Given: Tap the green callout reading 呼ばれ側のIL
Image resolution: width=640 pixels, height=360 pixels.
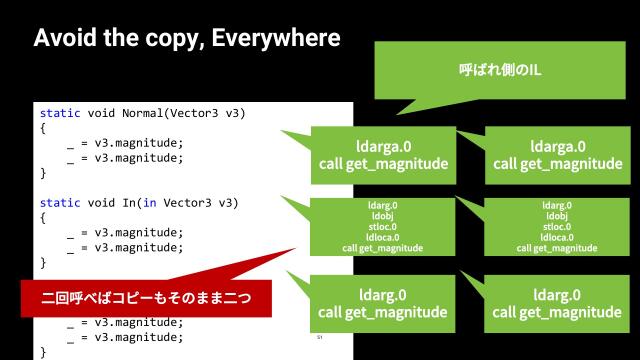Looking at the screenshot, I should [x=491, y=72].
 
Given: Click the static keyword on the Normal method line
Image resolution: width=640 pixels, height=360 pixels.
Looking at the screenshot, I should [x=59, y=113].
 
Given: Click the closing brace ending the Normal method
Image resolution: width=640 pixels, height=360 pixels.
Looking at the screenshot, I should [x=43, y=173].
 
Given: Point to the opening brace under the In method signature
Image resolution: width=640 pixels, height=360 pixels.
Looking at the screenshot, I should [x=43, y=218].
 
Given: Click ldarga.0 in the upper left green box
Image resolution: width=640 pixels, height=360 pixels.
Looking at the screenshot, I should [x=383, y=145].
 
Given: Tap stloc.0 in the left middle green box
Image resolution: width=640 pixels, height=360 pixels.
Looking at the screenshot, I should [x=383, y=226].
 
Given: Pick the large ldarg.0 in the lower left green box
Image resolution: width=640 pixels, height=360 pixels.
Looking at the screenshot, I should [x=383, y=294].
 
